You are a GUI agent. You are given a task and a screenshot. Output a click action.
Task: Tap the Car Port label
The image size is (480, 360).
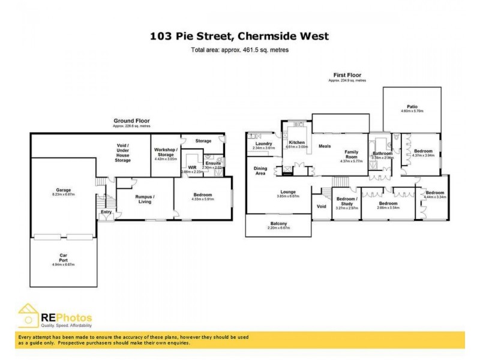pyautogui.click(x=62, y=254)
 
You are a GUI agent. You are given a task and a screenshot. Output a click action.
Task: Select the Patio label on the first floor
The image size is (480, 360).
pyautogui.click(x=412, y=107)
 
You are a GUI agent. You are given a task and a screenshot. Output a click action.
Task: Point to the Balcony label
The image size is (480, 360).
pyautogui.click(x=278, y=224)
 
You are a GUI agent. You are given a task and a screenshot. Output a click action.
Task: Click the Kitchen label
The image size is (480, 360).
pyautogui.click(x=296, y=142)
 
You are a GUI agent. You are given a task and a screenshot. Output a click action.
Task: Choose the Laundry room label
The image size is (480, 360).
pyautogui.click(x=263, y=143)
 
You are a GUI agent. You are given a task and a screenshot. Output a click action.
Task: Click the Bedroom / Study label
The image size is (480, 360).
pyautogui.click(x=347, y=201)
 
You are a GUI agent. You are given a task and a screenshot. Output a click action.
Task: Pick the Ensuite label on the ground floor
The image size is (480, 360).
pyautogui.click(x=212, y=163)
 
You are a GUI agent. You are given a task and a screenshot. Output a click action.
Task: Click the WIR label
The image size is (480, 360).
pyautogui.click(x=192, y=167)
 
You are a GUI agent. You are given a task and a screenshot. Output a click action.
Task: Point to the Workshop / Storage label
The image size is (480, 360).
pyautogui.click(x=164, y=151)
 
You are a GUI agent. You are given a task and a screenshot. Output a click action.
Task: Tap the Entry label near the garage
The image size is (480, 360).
pyautogui.click(x=106, y=212)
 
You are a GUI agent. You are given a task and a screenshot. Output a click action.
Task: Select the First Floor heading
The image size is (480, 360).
pyautogui.click(x=347, y=75)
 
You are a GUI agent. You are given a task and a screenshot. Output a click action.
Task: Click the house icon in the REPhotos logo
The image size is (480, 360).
pyautogui.click(x=28, y=316)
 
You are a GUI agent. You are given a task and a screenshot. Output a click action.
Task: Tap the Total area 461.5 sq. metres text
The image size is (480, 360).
pyautogui.click(x=239, y=50)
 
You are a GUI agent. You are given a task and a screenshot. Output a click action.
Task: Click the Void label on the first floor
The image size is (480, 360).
pyautogui.click(x=320, y=206)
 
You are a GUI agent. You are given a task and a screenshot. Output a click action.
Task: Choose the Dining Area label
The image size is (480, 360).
pyautogui.click(x=260, y=170)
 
